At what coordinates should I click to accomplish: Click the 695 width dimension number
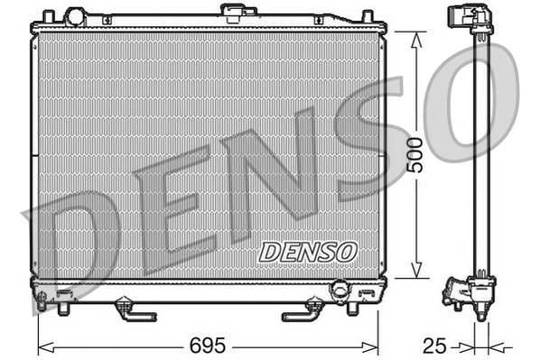(x=207, y=346)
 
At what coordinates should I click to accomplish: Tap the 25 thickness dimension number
(x=434, y=346)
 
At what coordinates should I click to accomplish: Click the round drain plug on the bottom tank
(x=340, y=290)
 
